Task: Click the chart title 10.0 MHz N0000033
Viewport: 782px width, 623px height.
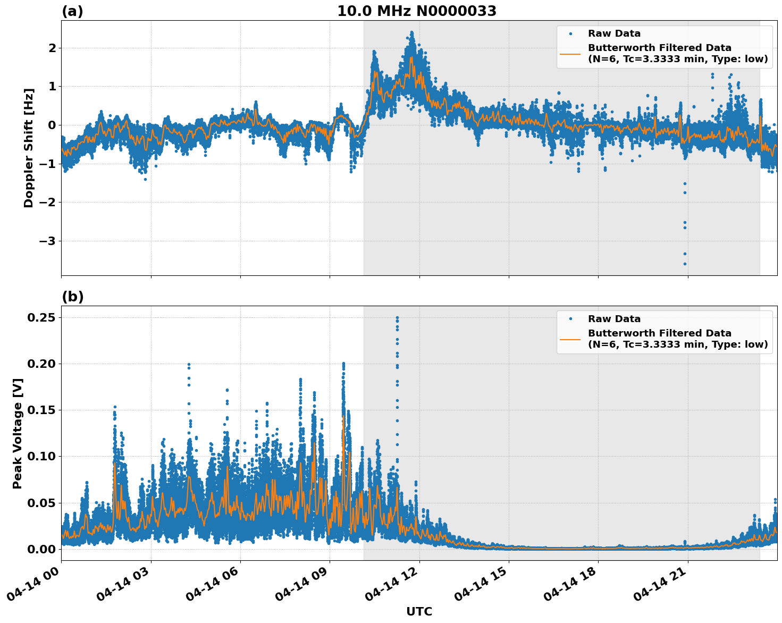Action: tap(417, 11)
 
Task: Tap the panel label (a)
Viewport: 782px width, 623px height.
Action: tap(72, 11)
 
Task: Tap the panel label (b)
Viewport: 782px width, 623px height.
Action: tap(72, 297)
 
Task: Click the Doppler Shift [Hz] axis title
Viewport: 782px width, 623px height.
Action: tap(29, 148)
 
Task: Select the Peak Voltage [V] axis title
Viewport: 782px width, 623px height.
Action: tap(18, 433)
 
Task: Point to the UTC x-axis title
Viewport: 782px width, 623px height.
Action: tap(419, 611)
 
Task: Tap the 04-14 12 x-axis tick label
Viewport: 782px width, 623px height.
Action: tap(394, 585)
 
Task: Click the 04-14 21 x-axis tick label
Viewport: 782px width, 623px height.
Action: tap(662, 585)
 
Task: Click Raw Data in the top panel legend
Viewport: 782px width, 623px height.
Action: tap(614, 33)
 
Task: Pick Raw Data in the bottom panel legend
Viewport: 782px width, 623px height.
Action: tap(614, 319)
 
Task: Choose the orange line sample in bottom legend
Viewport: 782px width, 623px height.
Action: tap(570, 339)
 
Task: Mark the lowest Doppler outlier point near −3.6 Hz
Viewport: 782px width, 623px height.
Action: tap(685, 264)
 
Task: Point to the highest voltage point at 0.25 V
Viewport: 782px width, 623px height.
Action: tap(397, 317)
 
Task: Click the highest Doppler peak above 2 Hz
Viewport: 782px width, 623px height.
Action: tap(411, 32)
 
